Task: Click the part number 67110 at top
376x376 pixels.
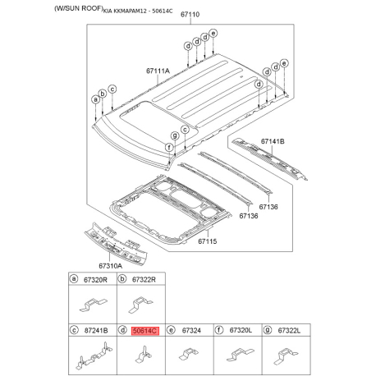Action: (190, 16)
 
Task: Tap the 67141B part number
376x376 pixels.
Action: (273, 141)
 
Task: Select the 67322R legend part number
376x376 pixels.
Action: (144, 279)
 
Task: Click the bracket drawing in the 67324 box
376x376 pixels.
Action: (185, 355)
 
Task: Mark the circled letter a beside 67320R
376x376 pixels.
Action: (74, 279)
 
